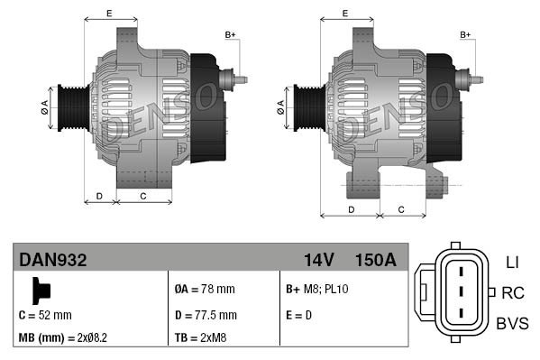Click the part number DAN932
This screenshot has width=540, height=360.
tap(53, 261)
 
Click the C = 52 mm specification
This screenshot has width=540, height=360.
tap(45, 315)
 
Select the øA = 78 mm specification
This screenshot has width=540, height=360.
tap(204, 290)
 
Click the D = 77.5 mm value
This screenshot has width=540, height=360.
tap(206, 315)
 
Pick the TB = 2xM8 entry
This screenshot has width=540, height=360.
tap(201, 338)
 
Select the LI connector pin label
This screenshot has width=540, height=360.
tap(512, 262)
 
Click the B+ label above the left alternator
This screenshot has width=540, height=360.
tap(230, 34)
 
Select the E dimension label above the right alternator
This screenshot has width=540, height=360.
tap(346, 13)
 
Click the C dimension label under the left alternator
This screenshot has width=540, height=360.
tap(143, 195)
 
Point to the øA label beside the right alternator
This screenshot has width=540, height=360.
tap(279, 105)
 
